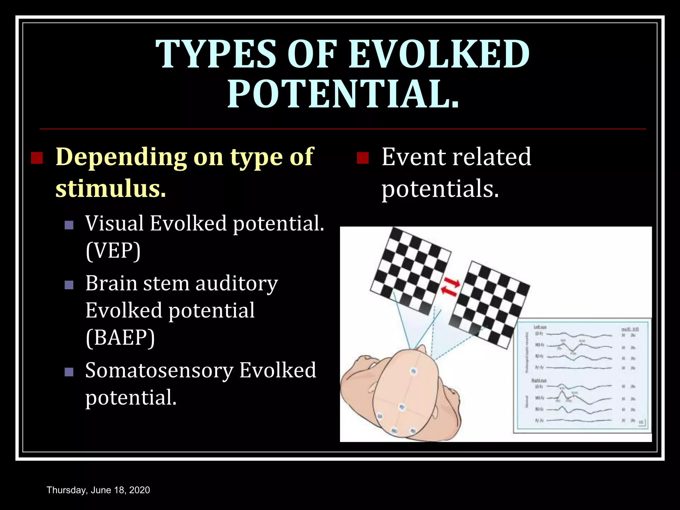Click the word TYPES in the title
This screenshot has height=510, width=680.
(x=216, y=54)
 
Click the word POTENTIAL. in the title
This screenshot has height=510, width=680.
(x=343, y=94)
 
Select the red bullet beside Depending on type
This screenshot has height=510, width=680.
(x=37, y=158)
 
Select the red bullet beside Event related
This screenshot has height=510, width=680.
(x=363, y=158)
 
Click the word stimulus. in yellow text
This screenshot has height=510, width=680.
(x=111, y=189)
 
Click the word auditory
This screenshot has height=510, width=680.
(x=236, y=284)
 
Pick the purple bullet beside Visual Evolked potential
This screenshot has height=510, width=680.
(x=69, y=225)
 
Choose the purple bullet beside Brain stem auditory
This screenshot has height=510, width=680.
(x=69, y=285)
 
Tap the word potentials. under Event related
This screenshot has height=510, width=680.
(x=440, y=189)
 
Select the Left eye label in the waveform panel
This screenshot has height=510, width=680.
(x=540, y=327)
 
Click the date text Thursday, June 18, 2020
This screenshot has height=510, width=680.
(x=98, y=490)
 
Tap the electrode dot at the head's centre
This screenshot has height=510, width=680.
(x=402, y=407)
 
